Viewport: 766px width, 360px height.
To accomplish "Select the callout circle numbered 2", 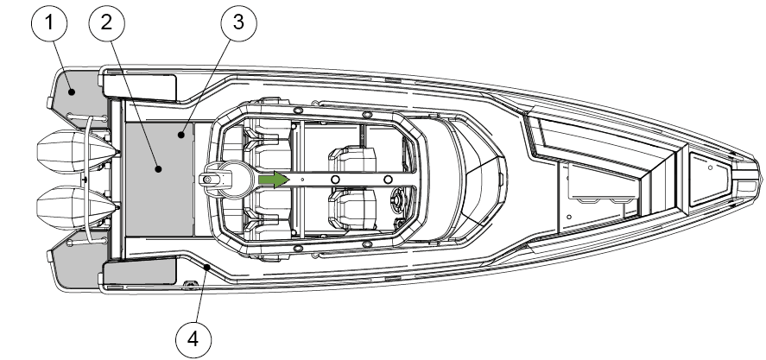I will [x=106, y=25].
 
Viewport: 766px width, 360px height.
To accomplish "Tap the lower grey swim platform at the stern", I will [x=76, y=268].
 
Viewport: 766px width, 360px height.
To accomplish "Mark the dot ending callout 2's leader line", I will [x=157, y=170].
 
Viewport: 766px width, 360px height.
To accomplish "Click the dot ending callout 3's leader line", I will [x=182, y=134].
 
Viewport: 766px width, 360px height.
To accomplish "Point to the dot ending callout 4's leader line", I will [x=208, y=268].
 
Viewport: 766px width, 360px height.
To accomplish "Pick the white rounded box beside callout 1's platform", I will [x=140, y=85].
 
